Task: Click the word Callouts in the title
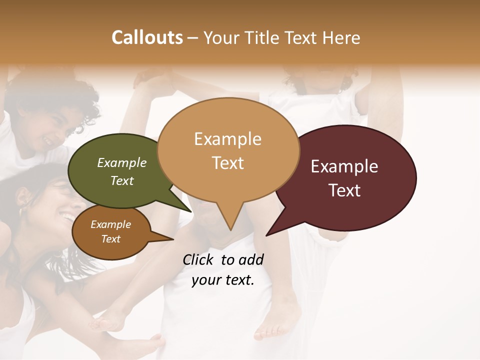pos(147,37)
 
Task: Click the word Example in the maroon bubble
pos(344,166)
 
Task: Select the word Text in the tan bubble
pos(228,163)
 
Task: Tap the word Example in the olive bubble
pos(122,163)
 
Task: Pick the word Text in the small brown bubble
pos(111,239)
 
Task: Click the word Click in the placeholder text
pos(198,259)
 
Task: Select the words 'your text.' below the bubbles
pos(223,280)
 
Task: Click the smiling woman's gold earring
pos(21,212)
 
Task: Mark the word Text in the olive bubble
pos(122,180)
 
